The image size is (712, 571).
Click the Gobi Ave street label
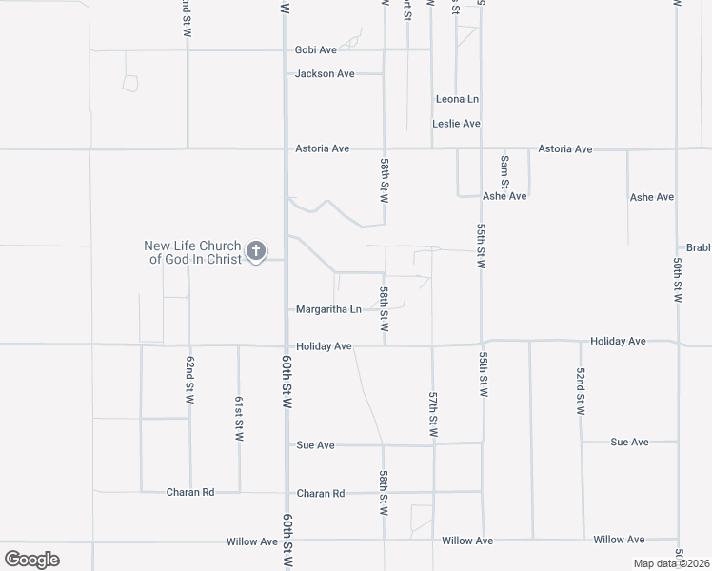[317, 49]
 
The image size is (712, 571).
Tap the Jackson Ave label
[325, 73]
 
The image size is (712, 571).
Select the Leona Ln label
[457, 99]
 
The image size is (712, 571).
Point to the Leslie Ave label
[456, 124]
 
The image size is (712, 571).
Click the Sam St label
[504, 171]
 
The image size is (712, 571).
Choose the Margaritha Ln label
[328, 309]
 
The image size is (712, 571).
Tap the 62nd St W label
[189, 378]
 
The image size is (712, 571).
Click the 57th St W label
[433, 415]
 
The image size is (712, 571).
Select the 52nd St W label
[580, 393]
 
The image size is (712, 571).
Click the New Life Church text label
[194, 252]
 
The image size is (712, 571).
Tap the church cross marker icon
[255, 251]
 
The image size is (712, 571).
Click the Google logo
[31, 560]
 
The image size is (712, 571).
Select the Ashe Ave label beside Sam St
[504, 196]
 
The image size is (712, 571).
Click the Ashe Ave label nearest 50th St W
[652, 197]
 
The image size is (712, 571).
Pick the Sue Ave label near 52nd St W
[629, 443]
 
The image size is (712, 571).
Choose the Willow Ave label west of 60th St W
[252, 541]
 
